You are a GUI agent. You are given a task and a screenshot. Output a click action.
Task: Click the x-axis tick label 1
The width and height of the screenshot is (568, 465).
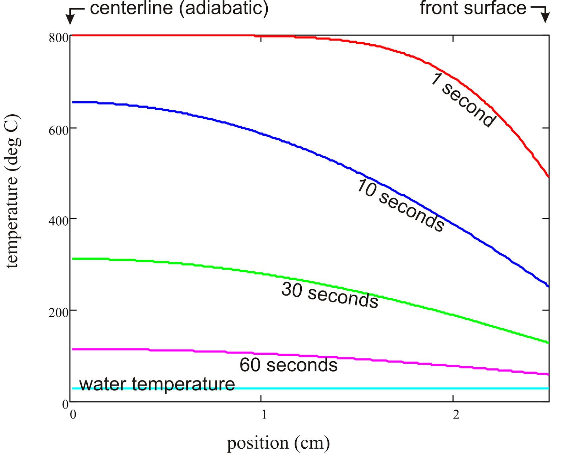264,414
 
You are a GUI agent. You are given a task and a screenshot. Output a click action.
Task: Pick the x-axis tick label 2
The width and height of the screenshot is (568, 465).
456,414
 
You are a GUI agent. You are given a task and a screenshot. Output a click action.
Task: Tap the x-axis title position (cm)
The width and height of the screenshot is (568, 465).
278,443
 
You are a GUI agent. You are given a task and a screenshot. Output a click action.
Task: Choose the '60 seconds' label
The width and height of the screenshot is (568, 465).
288,365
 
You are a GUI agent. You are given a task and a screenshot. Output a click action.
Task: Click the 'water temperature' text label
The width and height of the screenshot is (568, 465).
157,384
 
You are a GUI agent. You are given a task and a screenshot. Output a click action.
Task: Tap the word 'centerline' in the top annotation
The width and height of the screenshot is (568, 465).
131,8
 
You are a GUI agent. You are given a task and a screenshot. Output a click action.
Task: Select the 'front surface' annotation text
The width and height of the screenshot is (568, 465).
473,8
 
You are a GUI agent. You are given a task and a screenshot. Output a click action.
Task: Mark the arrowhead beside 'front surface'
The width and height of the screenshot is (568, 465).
546,18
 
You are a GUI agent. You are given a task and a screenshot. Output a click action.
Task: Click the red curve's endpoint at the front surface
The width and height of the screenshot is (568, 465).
548,176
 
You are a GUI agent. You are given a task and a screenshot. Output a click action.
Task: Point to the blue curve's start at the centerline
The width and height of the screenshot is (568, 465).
73,102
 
